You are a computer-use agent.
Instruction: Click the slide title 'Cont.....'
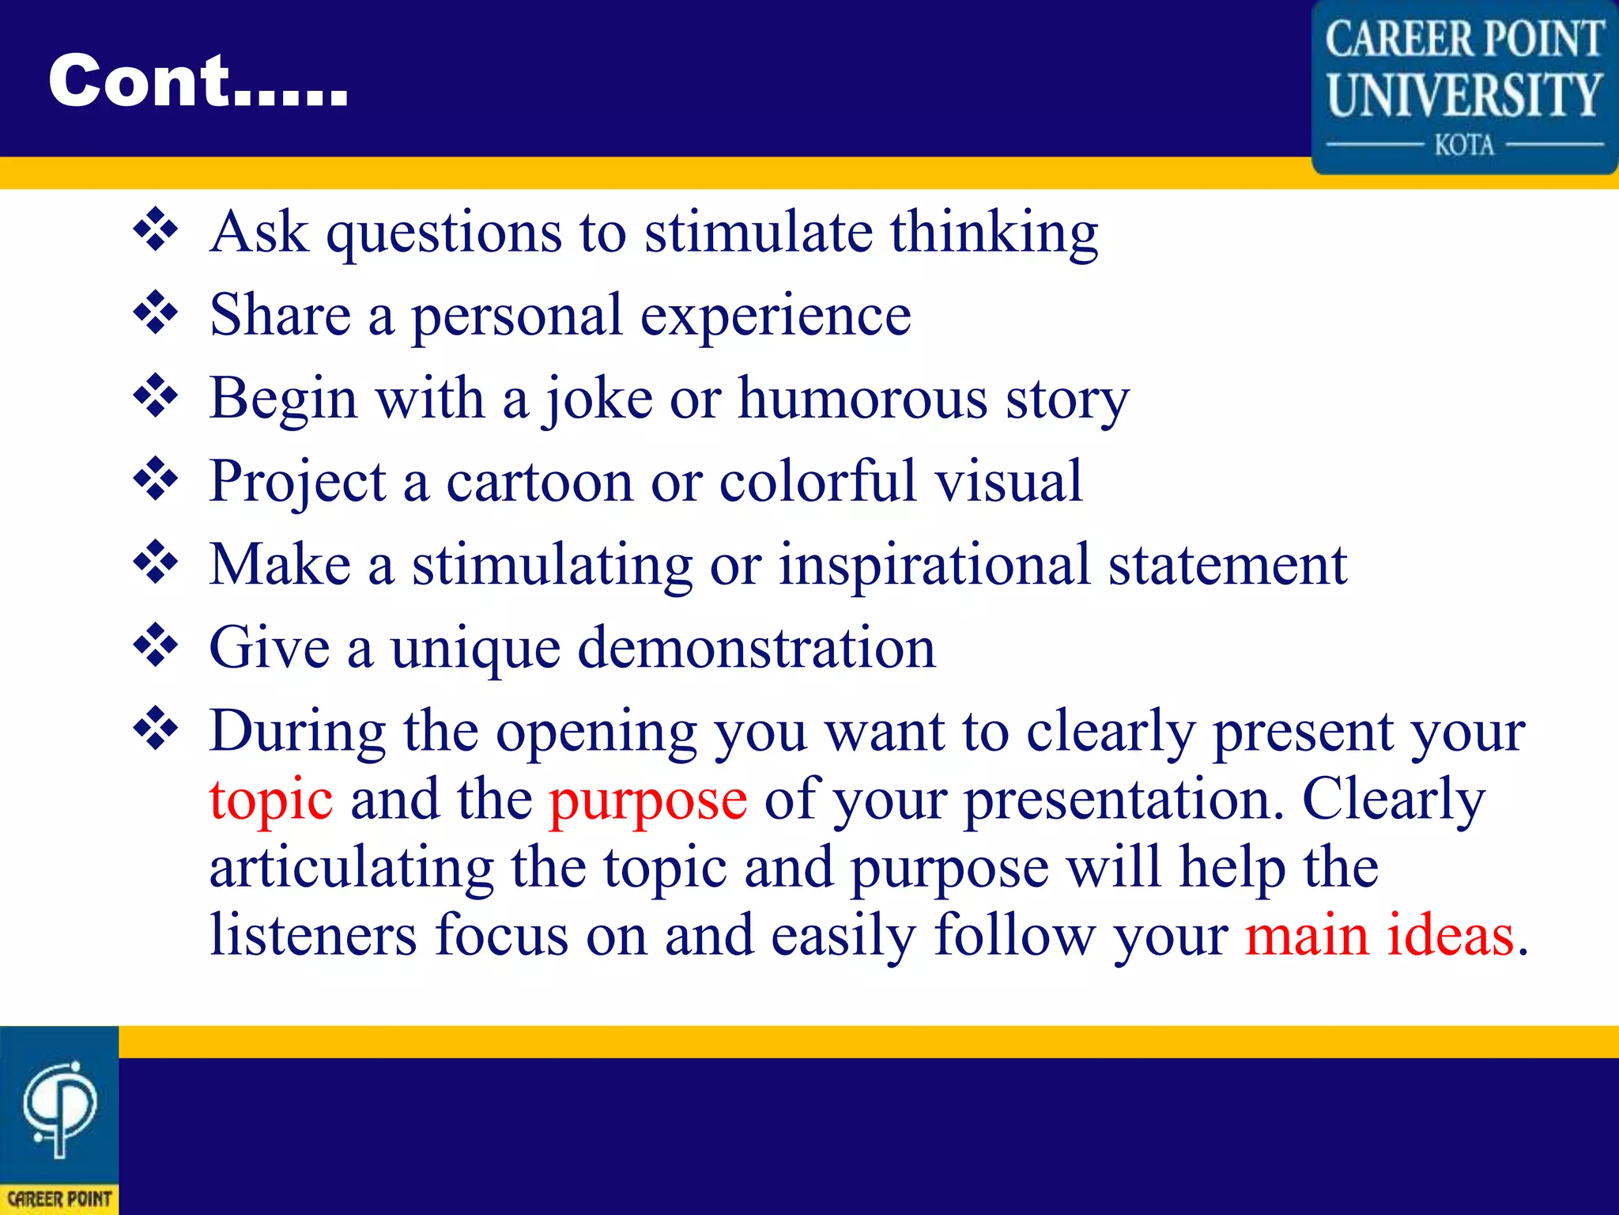(x=198, y=81)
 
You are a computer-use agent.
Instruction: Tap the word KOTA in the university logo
(x=1464, y=146)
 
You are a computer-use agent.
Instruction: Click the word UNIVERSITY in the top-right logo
(x=1464, y=95)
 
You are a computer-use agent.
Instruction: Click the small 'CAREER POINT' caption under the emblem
(x=59, y=1199)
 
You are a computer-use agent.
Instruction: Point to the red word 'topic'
(x=270, y=801)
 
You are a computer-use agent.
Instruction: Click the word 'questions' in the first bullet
(x=444, y=234)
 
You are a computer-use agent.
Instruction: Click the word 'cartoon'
(x=539, y=483)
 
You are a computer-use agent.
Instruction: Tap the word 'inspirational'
(x=935, y=566)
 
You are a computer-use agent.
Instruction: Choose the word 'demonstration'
(x=757, y=649)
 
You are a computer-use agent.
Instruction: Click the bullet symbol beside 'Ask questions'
(x=156, y=230)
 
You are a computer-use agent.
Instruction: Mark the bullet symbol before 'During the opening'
(x=156, y=729)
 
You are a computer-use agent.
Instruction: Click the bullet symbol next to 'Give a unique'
(x=156, y=645)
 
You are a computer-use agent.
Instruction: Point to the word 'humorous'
(x=862, y=399)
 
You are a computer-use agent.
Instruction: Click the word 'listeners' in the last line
(x=313, y=935)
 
